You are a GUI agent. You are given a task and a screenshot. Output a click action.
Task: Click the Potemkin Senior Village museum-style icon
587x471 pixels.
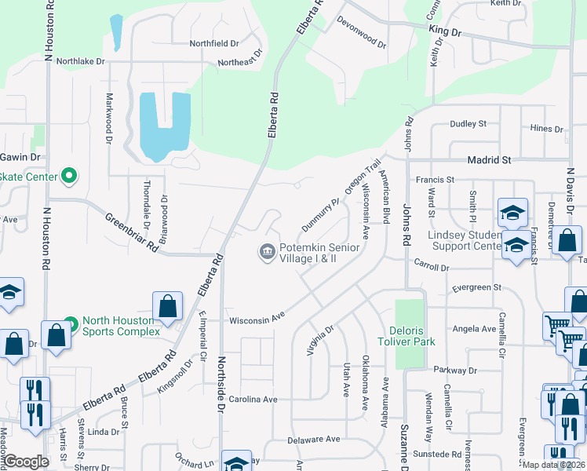pos(267,252)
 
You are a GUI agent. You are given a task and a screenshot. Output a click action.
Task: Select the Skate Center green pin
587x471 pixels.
pos(70,176)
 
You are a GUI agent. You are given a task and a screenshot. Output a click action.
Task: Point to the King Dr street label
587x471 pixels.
pos(445,31)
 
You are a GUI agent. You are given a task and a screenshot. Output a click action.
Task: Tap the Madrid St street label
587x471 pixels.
pos(489,159)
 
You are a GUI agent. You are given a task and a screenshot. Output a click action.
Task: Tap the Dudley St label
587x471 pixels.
pos(468,124)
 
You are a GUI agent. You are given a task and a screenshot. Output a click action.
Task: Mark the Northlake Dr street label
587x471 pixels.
pos(80,60)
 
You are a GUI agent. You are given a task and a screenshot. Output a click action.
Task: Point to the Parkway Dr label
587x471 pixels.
pos(454,369)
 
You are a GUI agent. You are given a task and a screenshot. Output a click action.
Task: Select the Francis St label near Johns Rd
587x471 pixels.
pos(436,180)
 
